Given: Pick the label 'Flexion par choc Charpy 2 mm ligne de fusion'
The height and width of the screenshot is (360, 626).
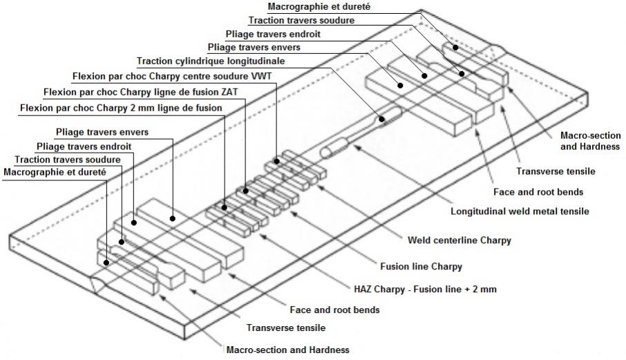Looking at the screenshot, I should click(122, 108).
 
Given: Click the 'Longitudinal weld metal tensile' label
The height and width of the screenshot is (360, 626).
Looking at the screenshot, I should click(520, 211).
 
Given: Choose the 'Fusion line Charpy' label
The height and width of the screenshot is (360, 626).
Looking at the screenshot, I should click(421, 265).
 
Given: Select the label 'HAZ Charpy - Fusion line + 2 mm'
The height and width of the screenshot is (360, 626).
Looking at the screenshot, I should click(421, 289).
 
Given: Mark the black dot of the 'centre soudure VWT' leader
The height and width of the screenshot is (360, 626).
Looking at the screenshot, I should click(276, 162).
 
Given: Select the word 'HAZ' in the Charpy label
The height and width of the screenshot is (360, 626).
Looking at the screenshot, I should click(356, 289).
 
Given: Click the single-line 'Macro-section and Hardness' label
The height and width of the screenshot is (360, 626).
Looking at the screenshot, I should click(287, 349).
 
